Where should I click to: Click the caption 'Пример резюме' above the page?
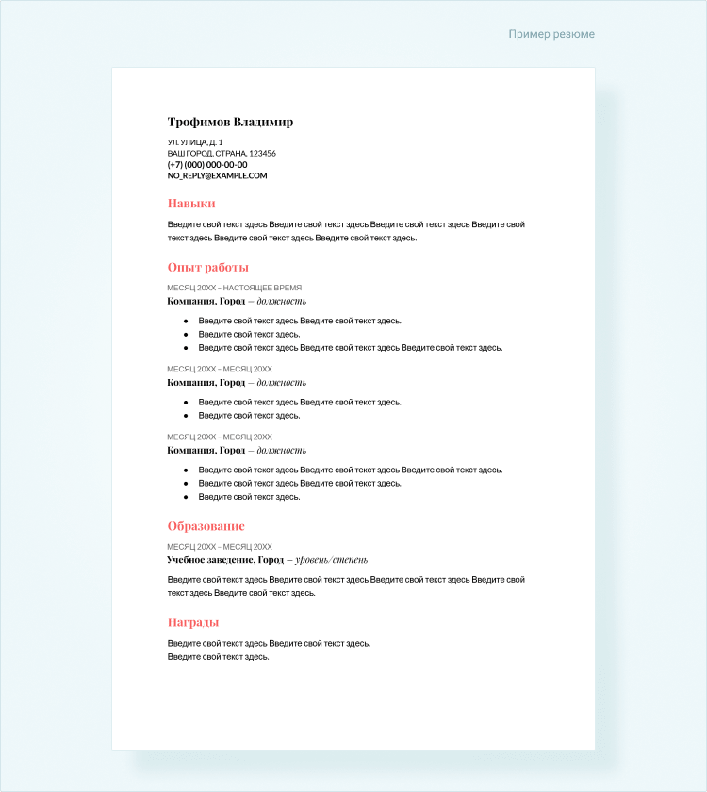click(x=551, y=34)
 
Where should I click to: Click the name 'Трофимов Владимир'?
click(x=230, y=122)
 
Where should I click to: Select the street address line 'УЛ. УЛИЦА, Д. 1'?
click(x=195, y=141)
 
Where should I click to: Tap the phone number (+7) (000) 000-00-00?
click(x=207, y=164)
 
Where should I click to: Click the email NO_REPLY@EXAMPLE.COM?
click(x=217, y=175)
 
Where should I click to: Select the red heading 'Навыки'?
click(x=191, y=203)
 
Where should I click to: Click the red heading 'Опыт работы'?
click(x=207, y=268)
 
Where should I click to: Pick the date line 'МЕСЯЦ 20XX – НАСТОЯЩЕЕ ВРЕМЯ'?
click(x=234, y=288)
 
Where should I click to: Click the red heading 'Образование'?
click(x=206, y=526)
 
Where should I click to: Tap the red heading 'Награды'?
click(x=193, y=622)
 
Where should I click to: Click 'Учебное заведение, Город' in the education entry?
click(x=225, y=560)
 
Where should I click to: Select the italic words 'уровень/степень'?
click(x=331, y=560)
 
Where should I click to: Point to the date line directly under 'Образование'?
click(x=220, y=547)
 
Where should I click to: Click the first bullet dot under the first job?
click(x=186, y=321)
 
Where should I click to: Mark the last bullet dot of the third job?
click(x=186, y=497)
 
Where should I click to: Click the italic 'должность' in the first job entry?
click(x=282, y=301)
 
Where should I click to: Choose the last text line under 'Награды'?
click(x=219, y=657)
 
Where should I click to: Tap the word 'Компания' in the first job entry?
click(x=191, y=301)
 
